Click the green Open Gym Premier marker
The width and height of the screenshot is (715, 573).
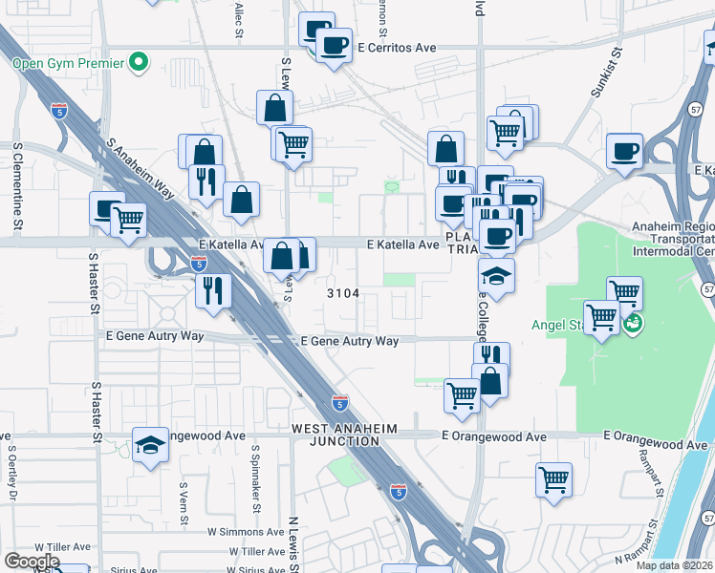pos(140,64)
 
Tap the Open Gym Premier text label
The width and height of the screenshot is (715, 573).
pos(68,64)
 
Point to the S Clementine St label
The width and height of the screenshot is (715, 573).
pos(17,187)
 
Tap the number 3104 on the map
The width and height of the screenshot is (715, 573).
pos(343,293)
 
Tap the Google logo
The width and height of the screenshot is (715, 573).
pos(32,561)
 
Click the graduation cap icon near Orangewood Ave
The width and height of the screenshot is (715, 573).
pos(150,446)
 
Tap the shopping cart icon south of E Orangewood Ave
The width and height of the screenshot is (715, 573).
pos(553,480)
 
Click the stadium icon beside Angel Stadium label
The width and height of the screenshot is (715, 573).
pos(632,325)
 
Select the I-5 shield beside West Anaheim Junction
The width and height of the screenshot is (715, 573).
pos(340,402)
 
